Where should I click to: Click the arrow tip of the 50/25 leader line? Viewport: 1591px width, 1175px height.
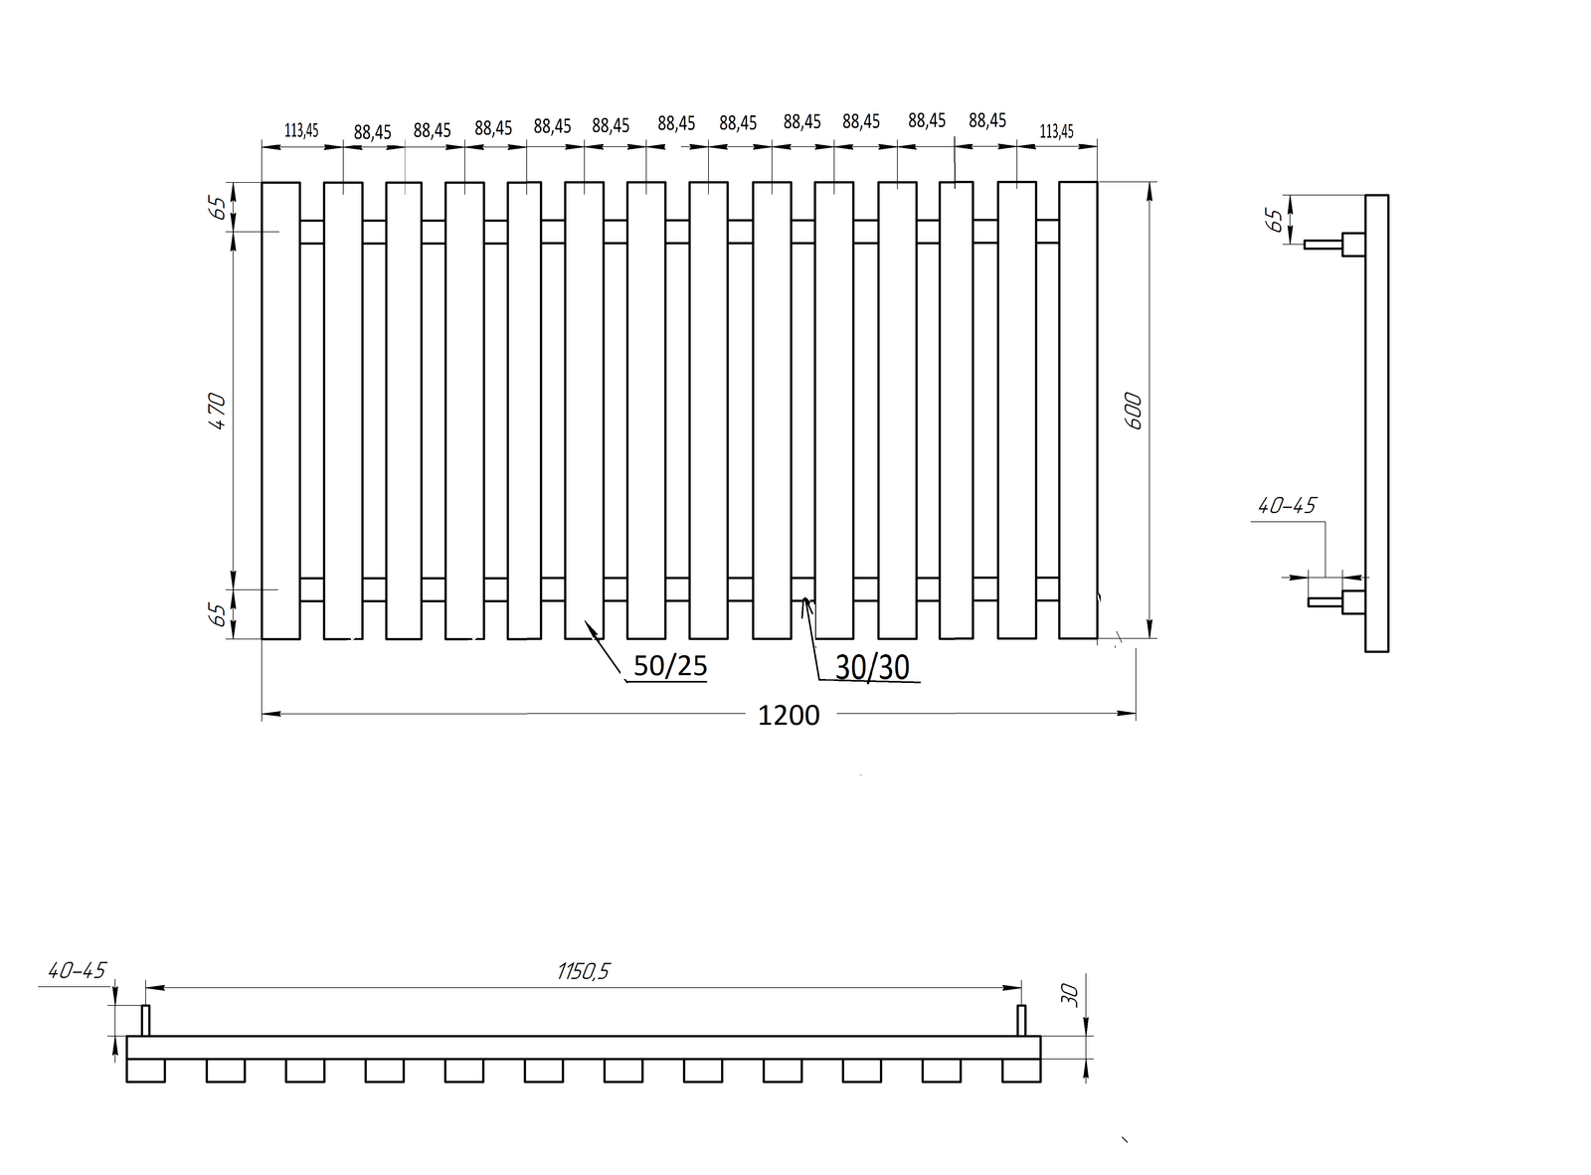click(x=585, y=620)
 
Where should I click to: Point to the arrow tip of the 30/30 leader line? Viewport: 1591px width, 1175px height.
click(x=804, y=596)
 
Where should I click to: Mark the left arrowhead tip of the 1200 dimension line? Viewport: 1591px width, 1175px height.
click(x=262, y=714)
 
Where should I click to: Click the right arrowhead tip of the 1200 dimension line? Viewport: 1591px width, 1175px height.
click(x=1136, y=713)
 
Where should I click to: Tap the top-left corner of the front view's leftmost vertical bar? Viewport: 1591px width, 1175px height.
click(x=262, y=182)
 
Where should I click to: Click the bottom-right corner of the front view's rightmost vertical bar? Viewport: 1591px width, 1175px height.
click(x=1098, y=638)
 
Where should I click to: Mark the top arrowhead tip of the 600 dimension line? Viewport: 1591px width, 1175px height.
click(x=1149, y=182)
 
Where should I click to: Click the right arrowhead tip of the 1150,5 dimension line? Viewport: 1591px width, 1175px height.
click(x=1021, y=988)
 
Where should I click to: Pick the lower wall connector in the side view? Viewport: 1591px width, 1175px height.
click(x=1336, y=601)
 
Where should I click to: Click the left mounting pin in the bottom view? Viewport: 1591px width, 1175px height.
click(x=145, y=1020)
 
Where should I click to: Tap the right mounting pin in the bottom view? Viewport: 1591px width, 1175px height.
click(x=1021, y=1020)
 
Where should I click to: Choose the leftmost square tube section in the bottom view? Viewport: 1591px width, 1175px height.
click(x=145, y=1071)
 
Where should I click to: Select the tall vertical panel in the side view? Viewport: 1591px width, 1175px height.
click(x=1376, y=423)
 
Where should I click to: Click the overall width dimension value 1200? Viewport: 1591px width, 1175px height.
click(x=789, y=715)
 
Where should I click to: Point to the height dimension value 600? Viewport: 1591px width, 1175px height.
click(x=1133, y=411)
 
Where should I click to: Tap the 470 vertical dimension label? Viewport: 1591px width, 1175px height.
click(x=217, y=411)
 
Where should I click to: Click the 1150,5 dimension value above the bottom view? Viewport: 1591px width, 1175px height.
click(x=583, y=971)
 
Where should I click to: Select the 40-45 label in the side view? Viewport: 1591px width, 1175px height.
click(x=1287, y=506)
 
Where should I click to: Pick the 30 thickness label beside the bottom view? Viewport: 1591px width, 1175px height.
click(x=1070, y=995)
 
